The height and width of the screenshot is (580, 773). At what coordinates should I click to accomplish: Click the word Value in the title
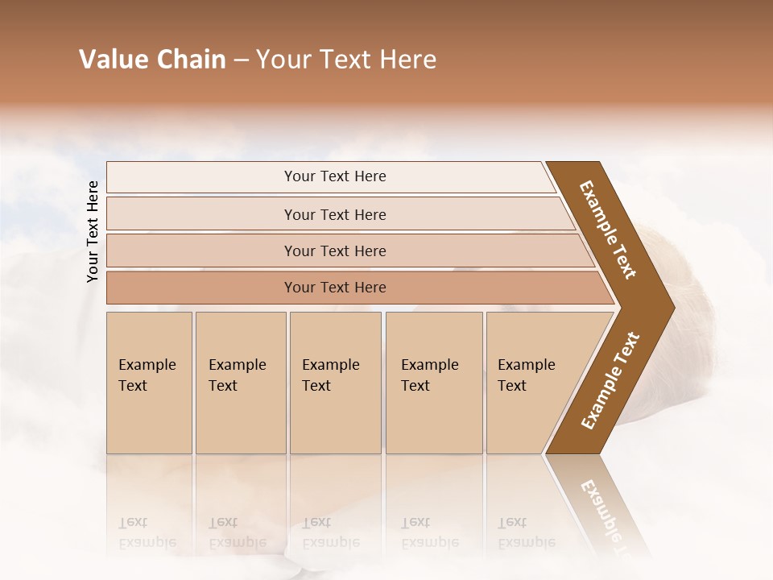coord(113,60)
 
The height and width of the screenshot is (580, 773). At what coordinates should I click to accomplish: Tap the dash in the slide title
coord(241,60)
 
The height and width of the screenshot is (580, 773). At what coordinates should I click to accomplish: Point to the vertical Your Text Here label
coord(93,231)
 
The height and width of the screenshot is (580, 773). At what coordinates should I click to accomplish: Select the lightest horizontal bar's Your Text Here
coord(335,176)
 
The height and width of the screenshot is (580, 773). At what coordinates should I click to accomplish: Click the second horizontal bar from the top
coord(335,214)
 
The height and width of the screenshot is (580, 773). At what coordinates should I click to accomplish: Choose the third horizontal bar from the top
coord(335,251)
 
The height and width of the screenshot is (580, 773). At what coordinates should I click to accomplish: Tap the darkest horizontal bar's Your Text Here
coord(335,288)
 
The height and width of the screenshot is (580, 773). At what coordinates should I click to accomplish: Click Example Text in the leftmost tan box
coord(147,375)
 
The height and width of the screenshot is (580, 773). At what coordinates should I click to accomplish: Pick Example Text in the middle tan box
coord(330,375)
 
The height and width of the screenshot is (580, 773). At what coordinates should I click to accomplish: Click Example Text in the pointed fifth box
coord(526,375)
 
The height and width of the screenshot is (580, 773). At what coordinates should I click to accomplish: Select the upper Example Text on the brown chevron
coord(608,229)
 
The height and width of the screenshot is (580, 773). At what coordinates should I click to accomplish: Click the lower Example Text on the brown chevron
coord(610,381)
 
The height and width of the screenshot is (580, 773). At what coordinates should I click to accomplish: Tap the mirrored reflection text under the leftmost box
coord(147,532)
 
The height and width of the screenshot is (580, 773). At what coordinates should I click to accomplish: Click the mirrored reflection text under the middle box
coord(330,532)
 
